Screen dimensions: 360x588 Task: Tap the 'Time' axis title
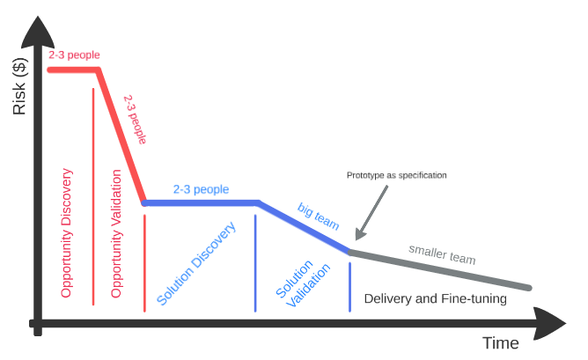pyautogui.click(x=500, y=342)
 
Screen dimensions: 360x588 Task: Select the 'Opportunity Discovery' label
pyautogui.click(x=67, y=231)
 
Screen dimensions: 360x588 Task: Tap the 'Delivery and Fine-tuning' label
pyautogui.click(x=435, y=299)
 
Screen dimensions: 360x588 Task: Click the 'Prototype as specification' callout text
pyautogui.click(x=396, y=175)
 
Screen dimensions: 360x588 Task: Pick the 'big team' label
pyautogui.click(x=318, y=217)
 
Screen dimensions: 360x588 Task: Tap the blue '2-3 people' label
pyautogui.click(x=201, y=189)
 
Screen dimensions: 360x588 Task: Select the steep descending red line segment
pyautogui.click(x=121, y=136)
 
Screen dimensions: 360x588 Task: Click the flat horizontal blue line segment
pyautogui.click(x=201, y=202)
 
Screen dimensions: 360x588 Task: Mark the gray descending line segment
pyautogui.click(x=440, y=270)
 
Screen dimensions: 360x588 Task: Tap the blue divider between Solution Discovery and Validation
pyautogui.click(x=255, y=262)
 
